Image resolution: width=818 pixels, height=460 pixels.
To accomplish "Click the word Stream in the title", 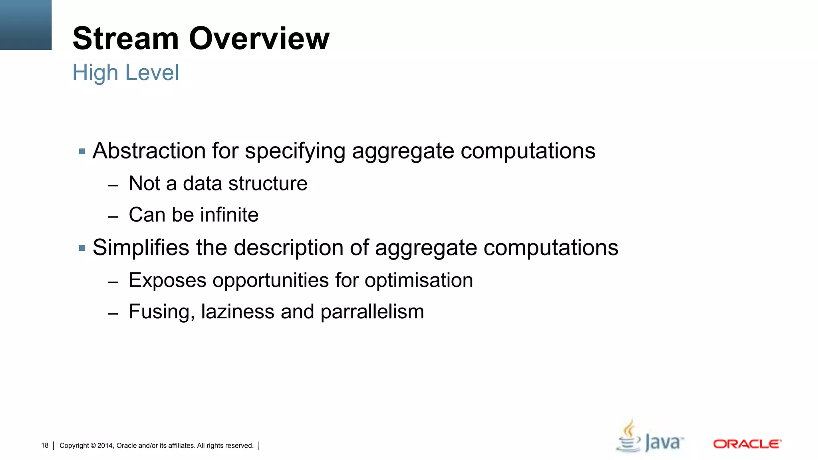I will [125, 39].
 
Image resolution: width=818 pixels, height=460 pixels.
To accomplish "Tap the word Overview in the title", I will [259, 39].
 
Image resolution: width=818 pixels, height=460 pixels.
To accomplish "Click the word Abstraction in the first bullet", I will [149, 151].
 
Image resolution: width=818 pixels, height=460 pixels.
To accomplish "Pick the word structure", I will [268, 184].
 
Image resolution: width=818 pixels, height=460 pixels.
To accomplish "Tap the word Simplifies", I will [141, 248].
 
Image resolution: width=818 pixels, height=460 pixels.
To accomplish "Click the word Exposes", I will [168, 280].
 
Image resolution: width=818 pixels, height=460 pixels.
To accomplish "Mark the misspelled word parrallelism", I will [372, 312].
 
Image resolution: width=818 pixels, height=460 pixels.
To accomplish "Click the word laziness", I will [238, 312].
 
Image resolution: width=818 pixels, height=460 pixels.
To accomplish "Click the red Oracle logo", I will [747, 444].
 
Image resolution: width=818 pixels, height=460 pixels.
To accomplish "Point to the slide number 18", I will [45, 446].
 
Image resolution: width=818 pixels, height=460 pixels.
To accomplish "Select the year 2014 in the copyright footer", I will [105, 446].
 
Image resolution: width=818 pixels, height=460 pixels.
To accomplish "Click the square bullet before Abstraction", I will [82, 152].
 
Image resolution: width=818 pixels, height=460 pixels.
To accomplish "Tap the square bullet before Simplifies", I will [82, 248].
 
